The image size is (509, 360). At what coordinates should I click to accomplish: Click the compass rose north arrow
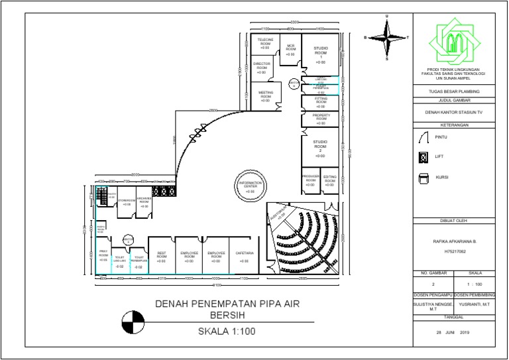point(387,38)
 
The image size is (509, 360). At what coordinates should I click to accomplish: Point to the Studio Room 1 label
point(320,53)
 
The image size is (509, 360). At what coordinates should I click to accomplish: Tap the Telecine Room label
point(264,43)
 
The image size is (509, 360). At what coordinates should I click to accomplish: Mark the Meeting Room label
point(265,96)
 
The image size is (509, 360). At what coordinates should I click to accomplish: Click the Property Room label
point(321,118)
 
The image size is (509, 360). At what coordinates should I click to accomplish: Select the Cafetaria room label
point(245,256)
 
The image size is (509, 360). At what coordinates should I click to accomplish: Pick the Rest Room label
point(161,256)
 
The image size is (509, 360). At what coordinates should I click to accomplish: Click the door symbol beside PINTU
point(423,137)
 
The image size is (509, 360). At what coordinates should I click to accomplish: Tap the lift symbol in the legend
point(423,158)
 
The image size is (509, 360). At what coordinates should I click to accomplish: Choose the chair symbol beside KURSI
point(423,178)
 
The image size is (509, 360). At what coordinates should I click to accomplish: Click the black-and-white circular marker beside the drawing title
point(131,322)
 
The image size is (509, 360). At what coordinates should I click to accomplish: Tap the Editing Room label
point(329,180)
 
